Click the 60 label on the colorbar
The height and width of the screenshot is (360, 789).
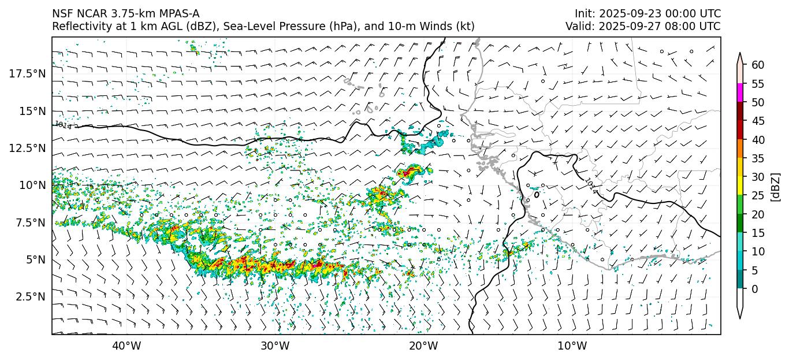[758, 65]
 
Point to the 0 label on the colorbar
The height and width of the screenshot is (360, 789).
[755, 289]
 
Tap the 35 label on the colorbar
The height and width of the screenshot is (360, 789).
[758, 158]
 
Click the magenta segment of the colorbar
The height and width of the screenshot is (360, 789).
[740, 93]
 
